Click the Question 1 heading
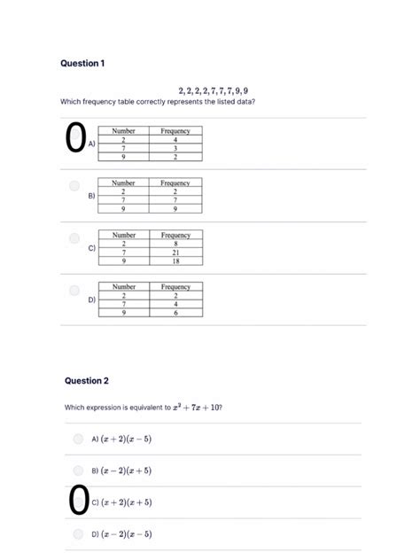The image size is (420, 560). (82, 64)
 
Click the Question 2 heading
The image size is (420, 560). (87, 380)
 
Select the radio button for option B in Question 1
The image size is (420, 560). (74, 186)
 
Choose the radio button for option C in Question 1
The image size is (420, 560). (74, 238)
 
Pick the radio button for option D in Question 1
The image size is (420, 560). (74, 290)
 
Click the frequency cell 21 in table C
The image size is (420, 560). (175, 253)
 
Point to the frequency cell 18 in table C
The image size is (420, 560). (175, 261)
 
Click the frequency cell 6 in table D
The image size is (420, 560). (175, 313)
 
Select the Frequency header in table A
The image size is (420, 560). (175, 131)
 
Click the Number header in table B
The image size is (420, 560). (124, 183)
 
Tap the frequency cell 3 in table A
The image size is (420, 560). (175, 148)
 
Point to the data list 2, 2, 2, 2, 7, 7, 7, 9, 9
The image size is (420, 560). (213, 90)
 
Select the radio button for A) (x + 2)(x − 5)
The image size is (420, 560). (79, 439)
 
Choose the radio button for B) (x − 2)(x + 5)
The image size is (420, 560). (79, 471)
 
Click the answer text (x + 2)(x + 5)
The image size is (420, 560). (128, 502)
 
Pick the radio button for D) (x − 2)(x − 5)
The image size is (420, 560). (79, 534)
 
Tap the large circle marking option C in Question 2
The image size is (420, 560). (78, 501)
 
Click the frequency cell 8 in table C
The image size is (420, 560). (175, 244)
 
